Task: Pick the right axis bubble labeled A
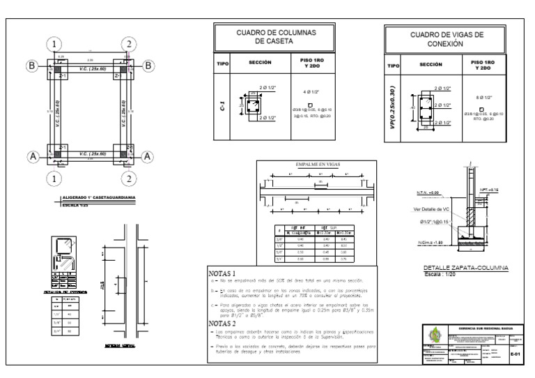coord(148,157)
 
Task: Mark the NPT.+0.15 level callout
coord(488,189)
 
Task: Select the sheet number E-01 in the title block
coord(516,354)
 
